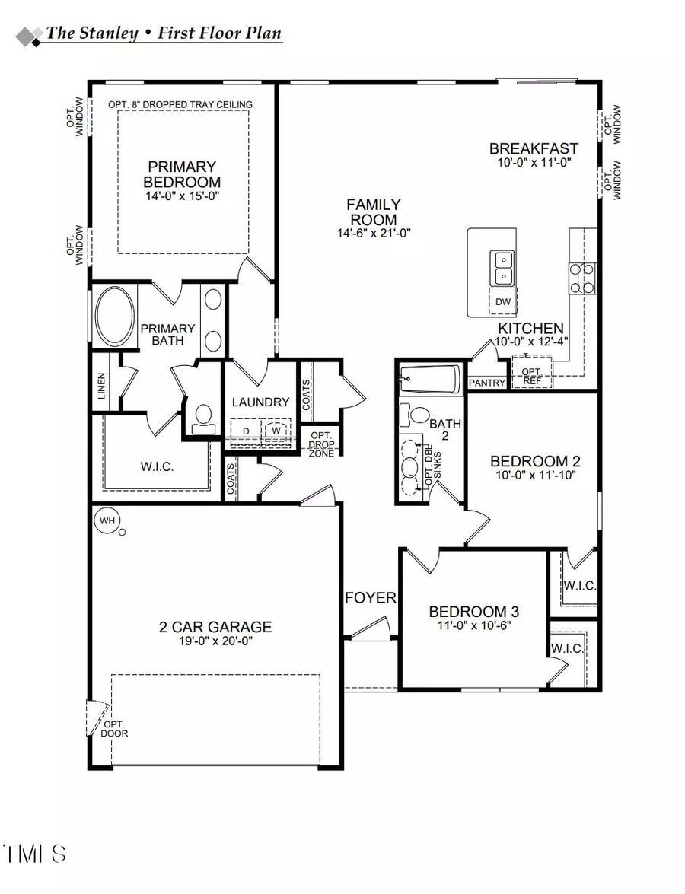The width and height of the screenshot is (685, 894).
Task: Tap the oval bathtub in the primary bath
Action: coord(115,318)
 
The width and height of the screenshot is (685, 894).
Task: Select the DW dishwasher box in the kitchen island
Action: coord(503,302)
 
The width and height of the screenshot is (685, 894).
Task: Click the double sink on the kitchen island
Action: coord(503,267)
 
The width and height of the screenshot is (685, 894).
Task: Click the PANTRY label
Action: coord(486,383)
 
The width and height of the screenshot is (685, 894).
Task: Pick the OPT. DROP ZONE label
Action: coord(320,444)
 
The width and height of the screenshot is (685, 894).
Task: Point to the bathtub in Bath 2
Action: coord(429,378)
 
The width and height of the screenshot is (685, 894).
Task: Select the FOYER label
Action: coord(371,598)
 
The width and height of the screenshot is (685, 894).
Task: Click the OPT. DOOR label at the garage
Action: coord(114,729)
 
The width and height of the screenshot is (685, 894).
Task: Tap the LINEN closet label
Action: coord(101,387)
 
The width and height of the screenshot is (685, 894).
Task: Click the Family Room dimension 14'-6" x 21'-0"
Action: coord(374,233)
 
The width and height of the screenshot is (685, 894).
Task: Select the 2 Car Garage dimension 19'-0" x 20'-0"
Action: coord(215,641)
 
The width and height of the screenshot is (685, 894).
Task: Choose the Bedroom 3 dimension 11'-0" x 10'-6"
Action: coord(473,625)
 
